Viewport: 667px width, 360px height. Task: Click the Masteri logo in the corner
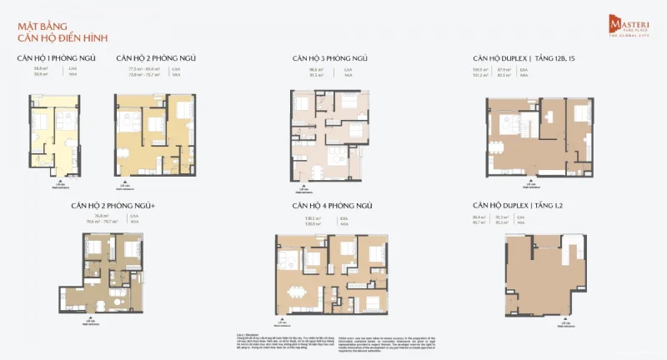pyautogui.click(x=624, y=26)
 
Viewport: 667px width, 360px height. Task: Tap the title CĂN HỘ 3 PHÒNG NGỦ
pyautogui.click(x=329, y=57)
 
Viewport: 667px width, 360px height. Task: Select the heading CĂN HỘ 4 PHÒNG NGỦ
pyautogui.click(x=329, y=204)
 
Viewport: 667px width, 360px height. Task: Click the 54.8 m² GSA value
pyautogui.click(x=38, y=69)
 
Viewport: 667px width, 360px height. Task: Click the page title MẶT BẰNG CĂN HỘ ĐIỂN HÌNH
pyautogui.click(x=63, y=32)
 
